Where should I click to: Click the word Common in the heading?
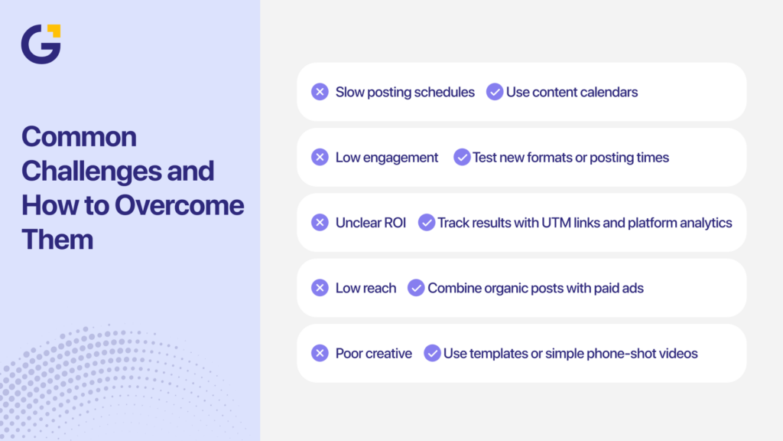tap(79, 137)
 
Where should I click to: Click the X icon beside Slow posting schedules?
tap(320, 92)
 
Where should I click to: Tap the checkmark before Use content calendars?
tap(495, 92)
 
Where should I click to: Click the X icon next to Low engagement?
tap(320, 157)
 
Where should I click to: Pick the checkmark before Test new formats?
tap(462, 157)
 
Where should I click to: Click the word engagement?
tap(400, 158)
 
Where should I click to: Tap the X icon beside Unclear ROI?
tap(320, 223)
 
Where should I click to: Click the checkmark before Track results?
tap(427, 223)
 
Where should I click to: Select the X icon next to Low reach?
tap(320, 288)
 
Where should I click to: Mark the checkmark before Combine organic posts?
tap(416, 288)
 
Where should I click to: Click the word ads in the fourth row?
tap(633, 288)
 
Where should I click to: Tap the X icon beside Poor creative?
tap(320, 353)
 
